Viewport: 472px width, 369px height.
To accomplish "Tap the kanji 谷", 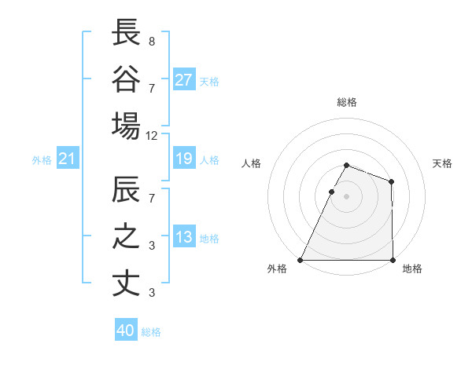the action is click(x=126, y=79).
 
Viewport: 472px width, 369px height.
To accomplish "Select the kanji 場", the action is click(x=126, y=126).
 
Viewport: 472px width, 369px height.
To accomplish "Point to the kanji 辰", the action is click(x=126, y=191).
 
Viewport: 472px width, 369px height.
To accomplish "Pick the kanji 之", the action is click(x=126, y=237).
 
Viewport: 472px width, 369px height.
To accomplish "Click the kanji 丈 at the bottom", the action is click(x=126, y=283).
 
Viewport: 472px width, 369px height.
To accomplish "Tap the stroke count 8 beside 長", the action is click(x=152, y=40).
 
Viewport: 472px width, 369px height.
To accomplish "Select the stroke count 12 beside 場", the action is click(x=152, y=135).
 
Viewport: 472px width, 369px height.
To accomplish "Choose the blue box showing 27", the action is click(x=184, y=79).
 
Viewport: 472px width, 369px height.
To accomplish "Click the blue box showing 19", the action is click(x=184, y=159).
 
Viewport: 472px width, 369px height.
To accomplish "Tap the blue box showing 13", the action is click(x=184, y=238).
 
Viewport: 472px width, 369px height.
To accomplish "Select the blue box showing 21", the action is click(x=68, y=159).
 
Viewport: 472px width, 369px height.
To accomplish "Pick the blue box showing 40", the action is click(x=126, y=331).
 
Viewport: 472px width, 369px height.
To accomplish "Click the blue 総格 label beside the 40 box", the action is click(x=151, y=332).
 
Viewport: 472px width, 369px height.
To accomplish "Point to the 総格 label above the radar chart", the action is click(x=346, y=102).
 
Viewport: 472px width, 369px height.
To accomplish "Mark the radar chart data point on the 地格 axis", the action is click(x=392, y=260).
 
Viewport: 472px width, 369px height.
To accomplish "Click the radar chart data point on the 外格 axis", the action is click(x=301, y=260).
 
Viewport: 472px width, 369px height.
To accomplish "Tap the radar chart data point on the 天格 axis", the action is click(x=391, y=181).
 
